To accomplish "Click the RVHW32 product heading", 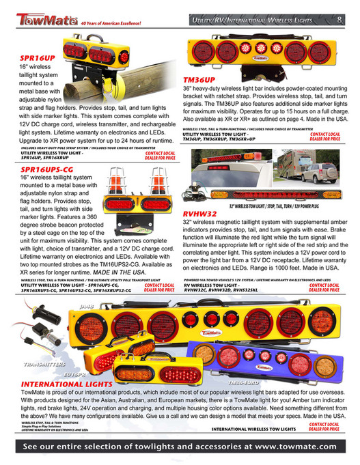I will point(200,214).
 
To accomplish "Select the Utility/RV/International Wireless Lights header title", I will point(260,21).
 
